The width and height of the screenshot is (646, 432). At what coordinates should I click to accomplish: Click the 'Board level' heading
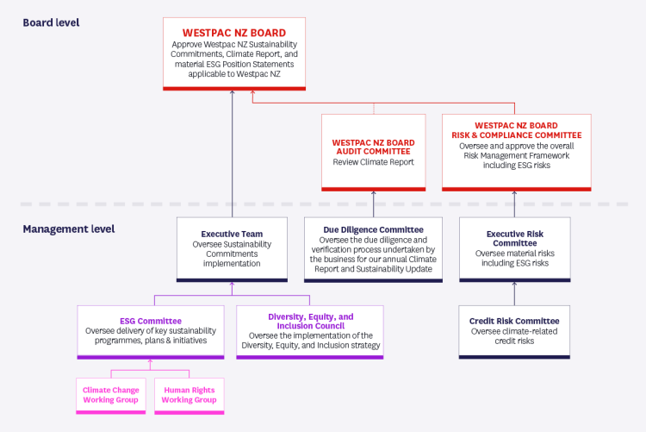pyautogui.click(x=51, y=22)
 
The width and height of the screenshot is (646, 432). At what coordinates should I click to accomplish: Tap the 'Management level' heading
pyautogui.click(x=68, y=229)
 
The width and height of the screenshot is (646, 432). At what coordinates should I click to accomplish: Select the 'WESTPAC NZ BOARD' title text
pyautogui.click(x=233, y=33)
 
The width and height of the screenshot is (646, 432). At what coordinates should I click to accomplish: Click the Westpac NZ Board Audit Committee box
pyautogui.click(x=373, y=152)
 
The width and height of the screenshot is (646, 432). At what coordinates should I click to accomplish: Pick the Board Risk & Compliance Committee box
pyautogui.click(x=516, y=151)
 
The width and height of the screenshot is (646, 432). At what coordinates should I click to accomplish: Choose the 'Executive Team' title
pyautogui.click(x=232, y=234)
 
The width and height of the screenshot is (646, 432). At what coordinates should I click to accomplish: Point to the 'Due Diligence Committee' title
pyautogui.click(x=373, y=229)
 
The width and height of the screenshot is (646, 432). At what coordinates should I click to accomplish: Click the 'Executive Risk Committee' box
pyautogui.click(x=514, y=247)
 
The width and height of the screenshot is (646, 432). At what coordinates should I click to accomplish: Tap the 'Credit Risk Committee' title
pyautogui.click(x=514, y=321)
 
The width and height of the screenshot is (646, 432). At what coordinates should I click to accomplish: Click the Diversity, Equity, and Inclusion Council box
pyautogui.click(x=309, y=332)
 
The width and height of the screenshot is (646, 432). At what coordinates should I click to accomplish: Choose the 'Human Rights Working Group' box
pyautogui.click(x=189, y=394)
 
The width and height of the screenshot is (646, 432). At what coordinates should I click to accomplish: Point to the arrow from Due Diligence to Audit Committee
pyautogui.click(x=373, y=203)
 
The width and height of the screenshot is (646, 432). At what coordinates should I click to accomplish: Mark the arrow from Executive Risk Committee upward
pyautogui.click(x=514, y=203)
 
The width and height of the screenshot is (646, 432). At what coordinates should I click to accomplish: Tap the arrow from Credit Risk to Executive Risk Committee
pyautogui.click(x=514, y=293)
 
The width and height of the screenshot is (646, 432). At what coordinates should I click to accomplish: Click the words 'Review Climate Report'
pyautogui.click(x=373, y=162)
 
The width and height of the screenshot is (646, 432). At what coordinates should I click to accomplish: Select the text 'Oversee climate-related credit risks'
pyautogui.click(x=514, y=336)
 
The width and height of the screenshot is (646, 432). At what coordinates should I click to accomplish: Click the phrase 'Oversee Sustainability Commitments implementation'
pyautogui.click(x=232, y=254)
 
